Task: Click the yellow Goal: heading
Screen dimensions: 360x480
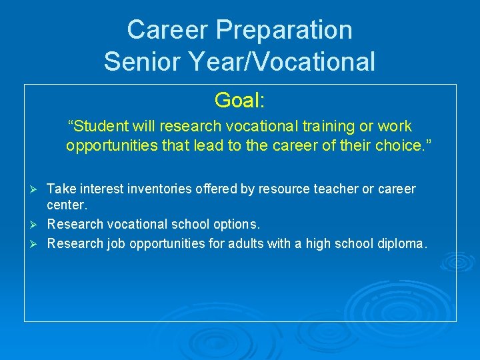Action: point(240,101)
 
